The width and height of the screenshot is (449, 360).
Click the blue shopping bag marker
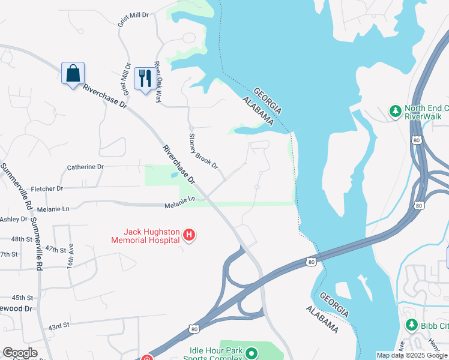(x=73, y=74)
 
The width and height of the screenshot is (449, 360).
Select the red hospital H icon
(x=188, y=235)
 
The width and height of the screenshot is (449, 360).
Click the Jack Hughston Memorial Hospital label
(x=146, y=236)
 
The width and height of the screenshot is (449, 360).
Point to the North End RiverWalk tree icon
(x=396, y=111)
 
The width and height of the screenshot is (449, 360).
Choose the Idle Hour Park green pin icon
(x=252, y=354)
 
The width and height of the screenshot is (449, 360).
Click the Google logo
(x=20, y=353)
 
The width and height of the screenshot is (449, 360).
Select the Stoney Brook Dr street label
(x=203, y=151)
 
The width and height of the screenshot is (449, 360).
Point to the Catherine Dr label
(x=85, y=167)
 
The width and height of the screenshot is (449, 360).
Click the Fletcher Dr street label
(x=47, y=188)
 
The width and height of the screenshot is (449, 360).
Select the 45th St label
(x=22, y=298)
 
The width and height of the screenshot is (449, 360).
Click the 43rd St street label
(x=59, y=326)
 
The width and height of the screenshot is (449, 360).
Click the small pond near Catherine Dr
(x=173, y=175)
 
